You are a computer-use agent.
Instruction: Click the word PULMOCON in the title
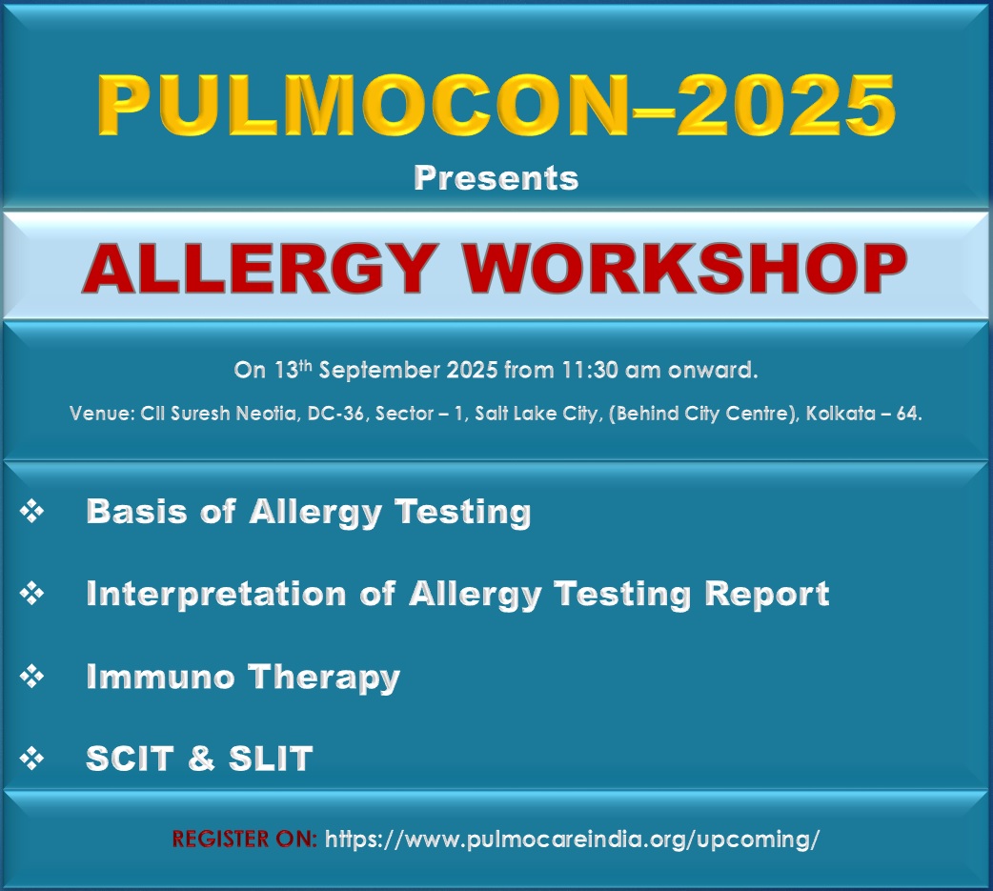(x=363, y=105)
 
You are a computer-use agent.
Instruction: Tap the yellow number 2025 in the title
(x=786, y=105)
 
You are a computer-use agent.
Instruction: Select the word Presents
(x=496, y=178)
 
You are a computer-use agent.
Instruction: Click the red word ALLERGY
(x=259, y=269)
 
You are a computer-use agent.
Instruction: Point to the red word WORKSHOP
(x=684, y=269)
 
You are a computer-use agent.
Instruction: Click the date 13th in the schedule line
(x=294, y=369)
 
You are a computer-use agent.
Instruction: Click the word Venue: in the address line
(x=102, y=414)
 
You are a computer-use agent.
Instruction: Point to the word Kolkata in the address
(x=841, y=414)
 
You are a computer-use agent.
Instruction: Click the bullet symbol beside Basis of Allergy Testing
(x=31, y=511)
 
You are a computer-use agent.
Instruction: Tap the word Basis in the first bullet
(x=137, y=511)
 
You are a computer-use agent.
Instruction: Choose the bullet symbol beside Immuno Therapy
(x=31, y=677)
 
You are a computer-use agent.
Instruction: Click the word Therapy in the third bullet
(x=324, y=678)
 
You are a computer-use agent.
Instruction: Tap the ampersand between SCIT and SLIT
(x=201, y=758)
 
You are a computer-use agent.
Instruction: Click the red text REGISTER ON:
(x=245, y=840)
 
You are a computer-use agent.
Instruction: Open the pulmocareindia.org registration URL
(x=572, y=840)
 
